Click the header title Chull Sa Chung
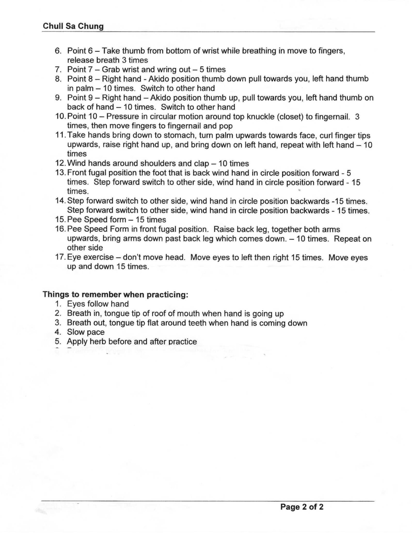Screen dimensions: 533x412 (x=73, y=26)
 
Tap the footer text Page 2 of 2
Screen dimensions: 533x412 (x=302, y=507)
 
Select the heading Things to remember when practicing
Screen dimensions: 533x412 (x=115, y=295)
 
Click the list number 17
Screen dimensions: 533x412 (x=60, y=257)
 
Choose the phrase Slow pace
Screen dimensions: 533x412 (x=86, y=332)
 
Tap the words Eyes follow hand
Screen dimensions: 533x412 (x=98, y=304)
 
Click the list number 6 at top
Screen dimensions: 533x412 (x=58, y=51)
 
